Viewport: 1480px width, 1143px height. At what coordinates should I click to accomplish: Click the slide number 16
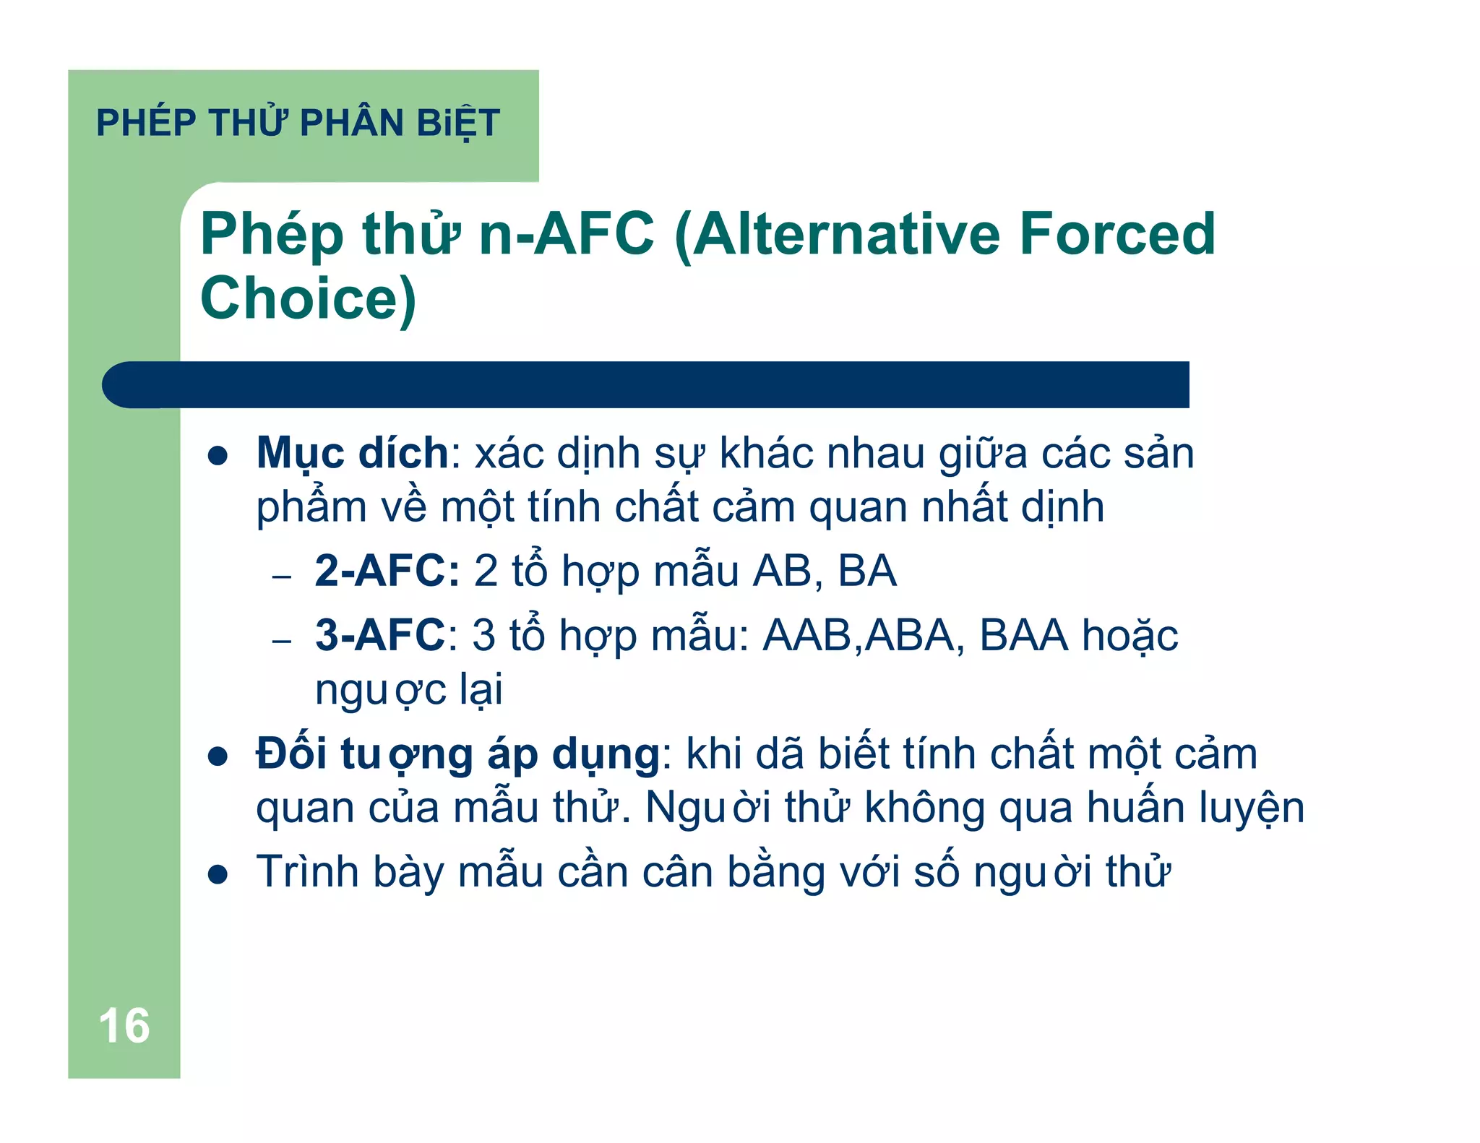(x=124, y=1025)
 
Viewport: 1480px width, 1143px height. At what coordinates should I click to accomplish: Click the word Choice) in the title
(x=309, y=298)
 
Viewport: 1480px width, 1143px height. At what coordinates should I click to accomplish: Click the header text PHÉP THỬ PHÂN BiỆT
(x=298, y=123)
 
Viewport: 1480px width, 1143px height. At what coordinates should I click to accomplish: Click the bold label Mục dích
(x=353, y=454)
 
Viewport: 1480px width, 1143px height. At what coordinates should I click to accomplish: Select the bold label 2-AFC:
(x=387, y=571)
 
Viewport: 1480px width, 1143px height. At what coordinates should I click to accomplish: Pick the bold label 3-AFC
(x=380, y=635)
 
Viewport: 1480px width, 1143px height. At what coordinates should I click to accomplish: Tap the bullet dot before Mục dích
(x=218, y=456)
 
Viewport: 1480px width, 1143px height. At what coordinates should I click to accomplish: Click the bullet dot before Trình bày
(x=218, y=875)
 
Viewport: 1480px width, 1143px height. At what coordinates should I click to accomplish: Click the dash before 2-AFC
(x=281, y=577)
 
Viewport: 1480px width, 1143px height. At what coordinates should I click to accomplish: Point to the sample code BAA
(x=1023, y=635)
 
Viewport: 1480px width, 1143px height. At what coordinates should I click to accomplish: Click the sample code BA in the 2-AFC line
(x=866, y=571)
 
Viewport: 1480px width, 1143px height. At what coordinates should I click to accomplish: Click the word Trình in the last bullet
(x=308, y=871)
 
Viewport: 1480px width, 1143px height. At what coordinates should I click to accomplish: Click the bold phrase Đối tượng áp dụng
(x=457, y=754)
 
